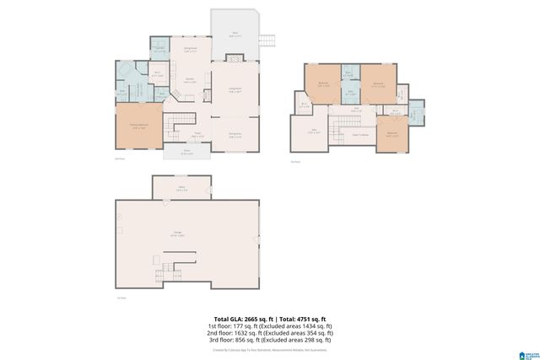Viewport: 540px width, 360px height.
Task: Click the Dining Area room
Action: (x=235, y=134)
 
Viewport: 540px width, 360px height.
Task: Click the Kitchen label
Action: (x=191, y=80)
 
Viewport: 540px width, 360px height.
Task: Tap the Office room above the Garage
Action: (x=181, y=188)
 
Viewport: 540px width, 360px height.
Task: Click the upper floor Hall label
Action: (x=357, y=108)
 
